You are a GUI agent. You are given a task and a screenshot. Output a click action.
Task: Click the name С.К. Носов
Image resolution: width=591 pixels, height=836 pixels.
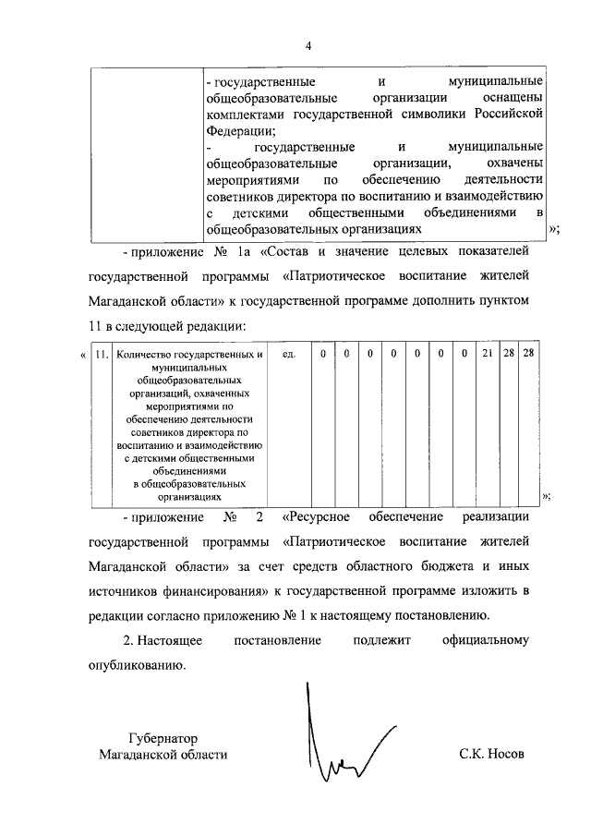point(491,754)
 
